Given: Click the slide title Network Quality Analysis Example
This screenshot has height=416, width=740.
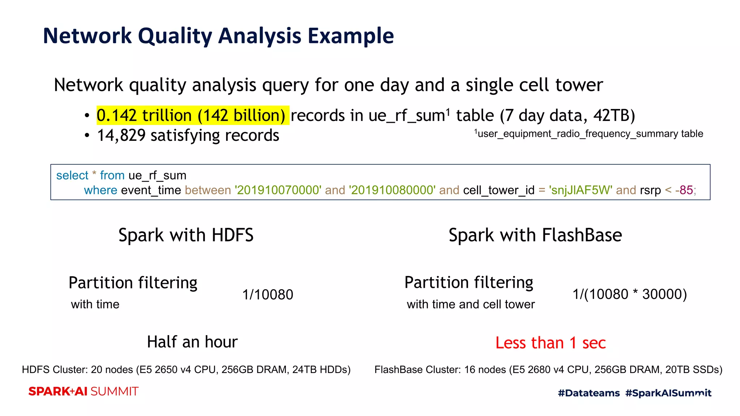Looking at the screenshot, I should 218,36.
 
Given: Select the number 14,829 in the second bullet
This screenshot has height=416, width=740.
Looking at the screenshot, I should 121,135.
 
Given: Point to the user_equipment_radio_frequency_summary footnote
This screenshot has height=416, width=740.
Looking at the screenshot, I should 589,134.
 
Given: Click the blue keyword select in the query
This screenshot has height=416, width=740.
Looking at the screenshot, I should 72,175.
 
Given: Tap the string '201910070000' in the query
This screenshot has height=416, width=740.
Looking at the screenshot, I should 278,190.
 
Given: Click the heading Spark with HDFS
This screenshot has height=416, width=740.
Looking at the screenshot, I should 186,235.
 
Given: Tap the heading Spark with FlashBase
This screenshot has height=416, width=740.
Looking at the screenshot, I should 535,235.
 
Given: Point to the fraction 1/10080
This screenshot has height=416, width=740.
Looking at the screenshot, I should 267,295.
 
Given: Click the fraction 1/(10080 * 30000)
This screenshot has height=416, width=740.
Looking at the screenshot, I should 629,294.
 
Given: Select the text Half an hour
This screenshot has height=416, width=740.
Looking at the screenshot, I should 192,342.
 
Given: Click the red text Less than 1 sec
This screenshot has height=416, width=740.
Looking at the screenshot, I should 550,343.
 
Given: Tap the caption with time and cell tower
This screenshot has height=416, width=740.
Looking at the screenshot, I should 470,304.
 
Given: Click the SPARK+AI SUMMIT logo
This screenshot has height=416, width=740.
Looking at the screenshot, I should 83,391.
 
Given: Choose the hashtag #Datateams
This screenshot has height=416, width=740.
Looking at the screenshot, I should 589,393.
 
